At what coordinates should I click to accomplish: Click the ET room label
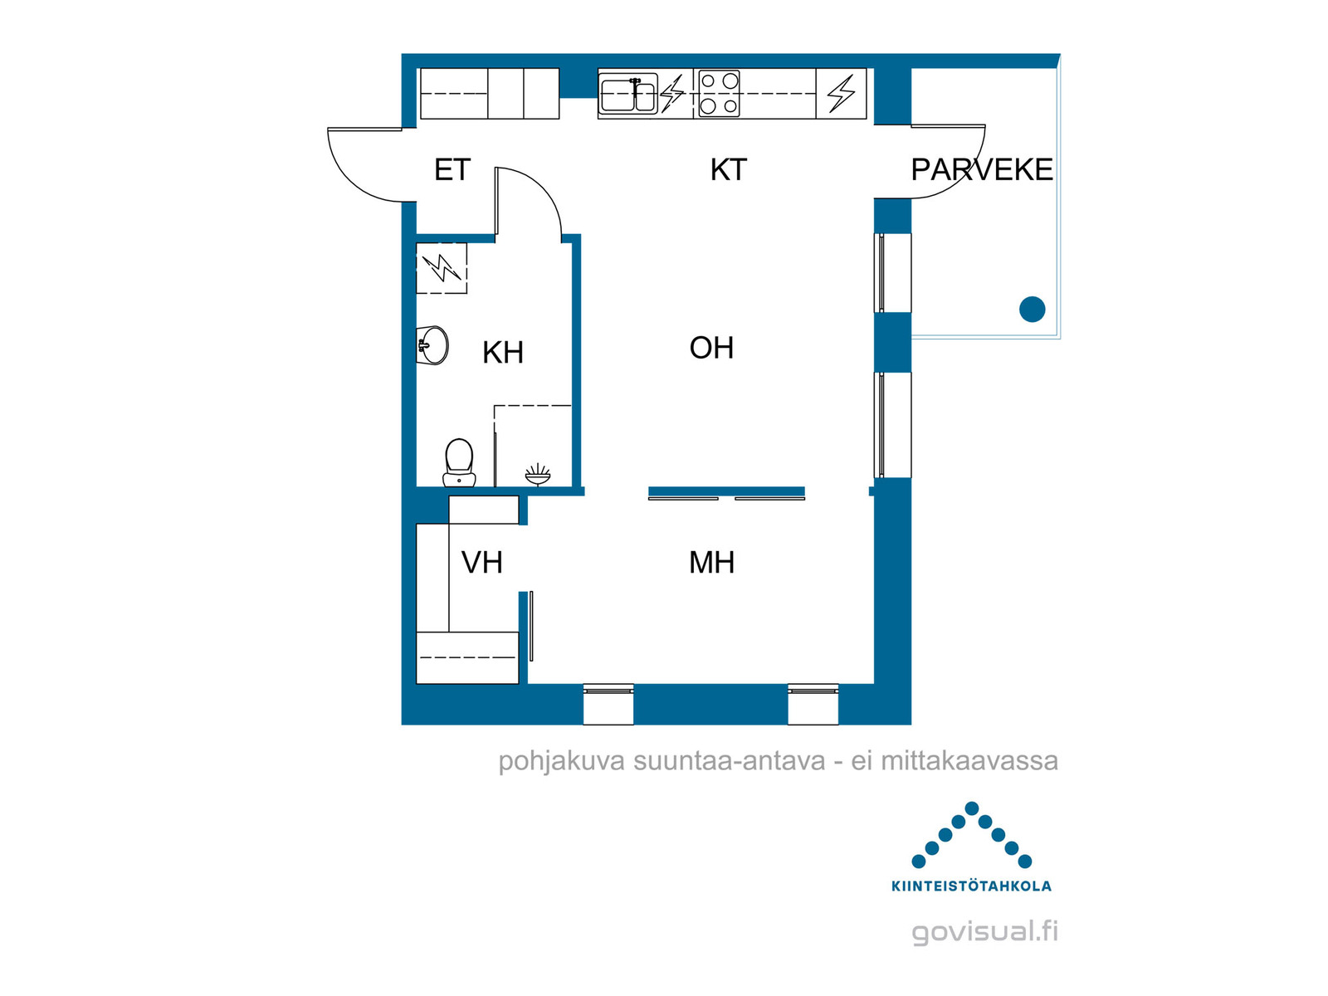point(452,170)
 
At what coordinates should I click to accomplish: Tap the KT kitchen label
point(728,170)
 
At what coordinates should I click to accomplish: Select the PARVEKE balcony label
point(981,170)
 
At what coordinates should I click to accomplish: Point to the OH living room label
point(711,348)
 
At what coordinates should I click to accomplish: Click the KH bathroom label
point(502,353)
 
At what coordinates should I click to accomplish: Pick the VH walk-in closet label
point(481,563)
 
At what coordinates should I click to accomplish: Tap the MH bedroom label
point(711,563)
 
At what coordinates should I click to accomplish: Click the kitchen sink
point(628,95)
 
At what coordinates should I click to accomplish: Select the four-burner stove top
point(719,94)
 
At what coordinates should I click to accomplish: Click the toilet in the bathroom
point(459,462)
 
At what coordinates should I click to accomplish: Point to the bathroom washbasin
point(432,345)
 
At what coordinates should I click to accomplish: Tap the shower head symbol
point(537,475)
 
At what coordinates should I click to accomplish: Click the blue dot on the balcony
point(1032,310)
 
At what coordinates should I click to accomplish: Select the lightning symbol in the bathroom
point(442,268)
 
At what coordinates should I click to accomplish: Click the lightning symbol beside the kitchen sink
point(672,94)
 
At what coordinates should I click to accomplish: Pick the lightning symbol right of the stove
point(841,94)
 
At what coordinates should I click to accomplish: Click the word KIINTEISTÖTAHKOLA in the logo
point(971,886)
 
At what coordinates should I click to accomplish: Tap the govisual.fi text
point(985,932)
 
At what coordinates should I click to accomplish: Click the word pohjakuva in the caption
point(561,761)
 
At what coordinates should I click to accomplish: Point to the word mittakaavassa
point(969,761)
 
